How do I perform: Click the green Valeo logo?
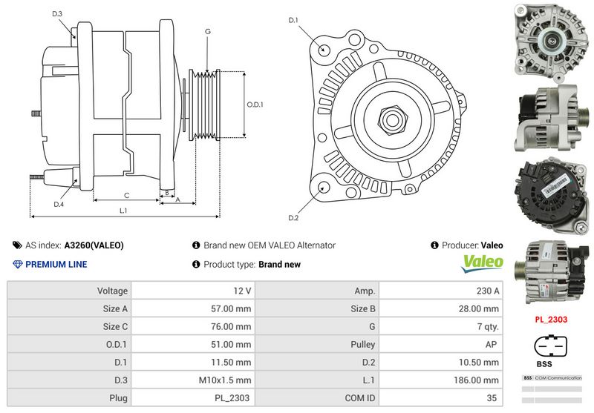(x=483, y=262)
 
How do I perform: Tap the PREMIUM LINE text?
(x=56, y=265)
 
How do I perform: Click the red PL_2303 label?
(x=552, y=320)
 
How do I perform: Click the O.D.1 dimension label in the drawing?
(x=255, y=105)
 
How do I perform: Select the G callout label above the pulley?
(x=208, y=32)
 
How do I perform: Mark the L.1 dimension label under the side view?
(x=123, y=211)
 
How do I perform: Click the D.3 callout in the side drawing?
(x=58, y=13)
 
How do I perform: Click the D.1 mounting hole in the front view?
(x=324, y=48)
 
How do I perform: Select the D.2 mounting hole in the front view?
(x=323, y=187)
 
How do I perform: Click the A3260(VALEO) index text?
(x=94, y=245)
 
